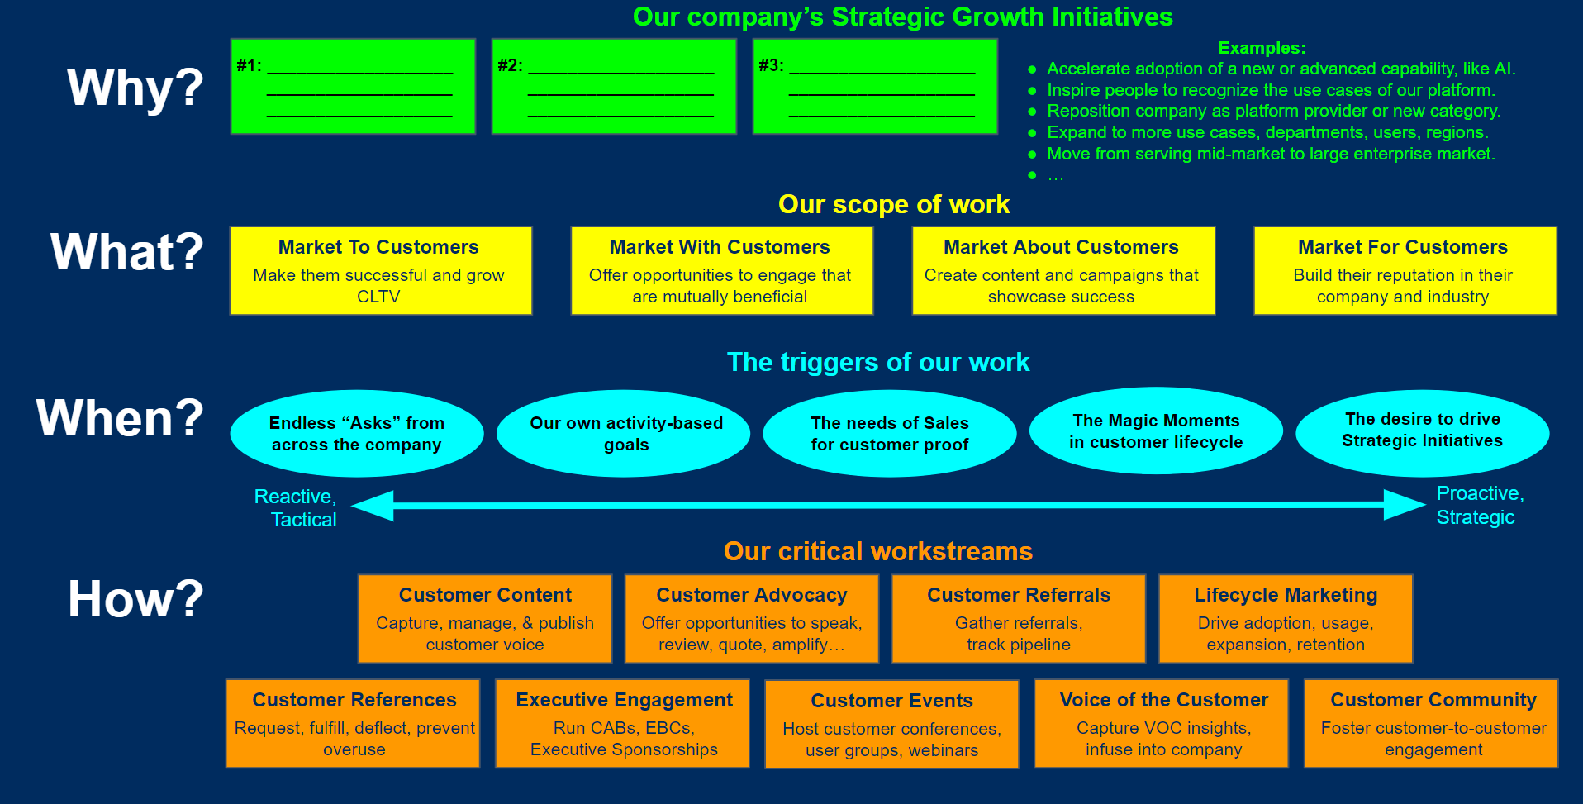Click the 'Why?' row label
tap(135, 88)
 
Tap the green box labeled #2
tap(613, 86)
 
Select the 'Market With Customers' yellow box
tap(720, 271)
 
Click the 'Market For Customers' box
tap(1404, 271)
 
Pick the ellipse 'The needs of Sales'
tap(889, 434)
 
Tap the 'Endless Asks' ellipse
tap(356, 434)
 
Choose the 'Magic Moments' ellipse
tap(1155, 431)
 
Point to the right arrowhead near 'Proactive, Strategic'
tap(1405, 504)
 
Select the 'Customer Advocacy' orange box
tap(751, 619)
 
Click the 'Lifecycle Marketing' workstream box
tap(1285, 619)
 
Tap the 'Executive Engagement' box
tap(623, 724)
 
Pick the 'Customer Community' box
tap(1432, 724)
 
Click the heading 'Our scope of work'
tap(893, 204)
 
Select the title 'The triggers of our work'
tap(877, 362)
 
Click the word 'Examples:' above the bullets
tap(1262, 48)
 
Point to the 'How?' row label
tap(135, 599)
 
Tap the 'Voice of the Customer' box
tap(1162, 724)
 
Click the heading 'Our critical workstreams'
tap(877, 551)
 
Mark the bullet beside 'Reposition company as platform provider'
tap(1032, 112)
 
